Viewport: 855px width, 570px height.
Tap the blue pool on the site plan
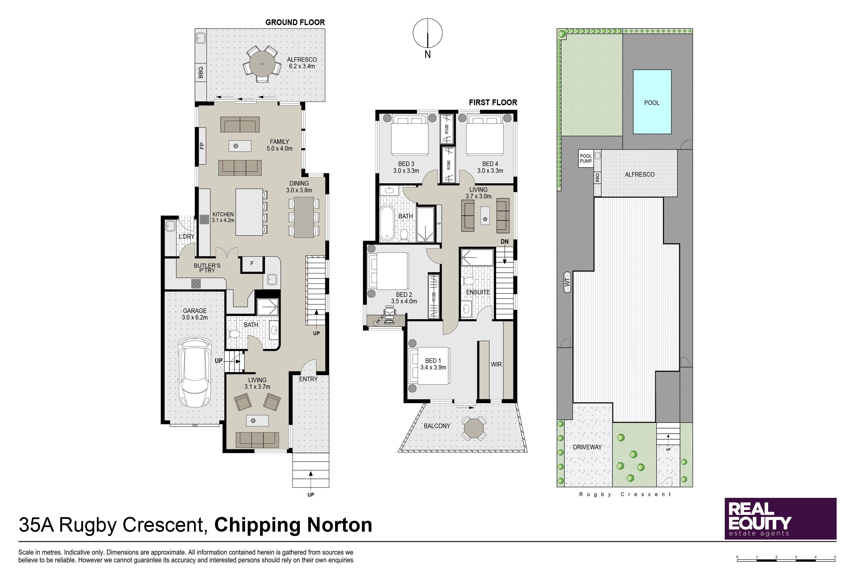tap(652, 102)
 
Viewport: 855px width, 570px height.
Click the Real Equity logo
tap(780, 518)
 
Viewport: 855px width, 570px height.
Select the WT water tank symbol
tap(567, 282)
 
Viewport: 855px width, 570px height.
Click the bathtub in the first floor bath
tap(387, 223)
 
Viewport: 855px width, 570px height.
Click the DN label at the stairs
tap(505, 242)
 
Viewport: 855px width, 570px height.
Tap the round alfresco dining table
tap(262, 64)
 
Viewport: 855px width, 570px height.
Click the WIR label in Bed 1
tap(496, 364)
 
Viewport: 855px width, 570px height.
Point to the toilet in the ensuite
tap(469, 281)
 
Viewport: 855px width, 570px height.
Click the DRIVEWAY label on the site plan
tap(587, 447)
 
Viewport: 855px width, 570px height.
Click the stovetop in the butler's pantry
tap(196, 283)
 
